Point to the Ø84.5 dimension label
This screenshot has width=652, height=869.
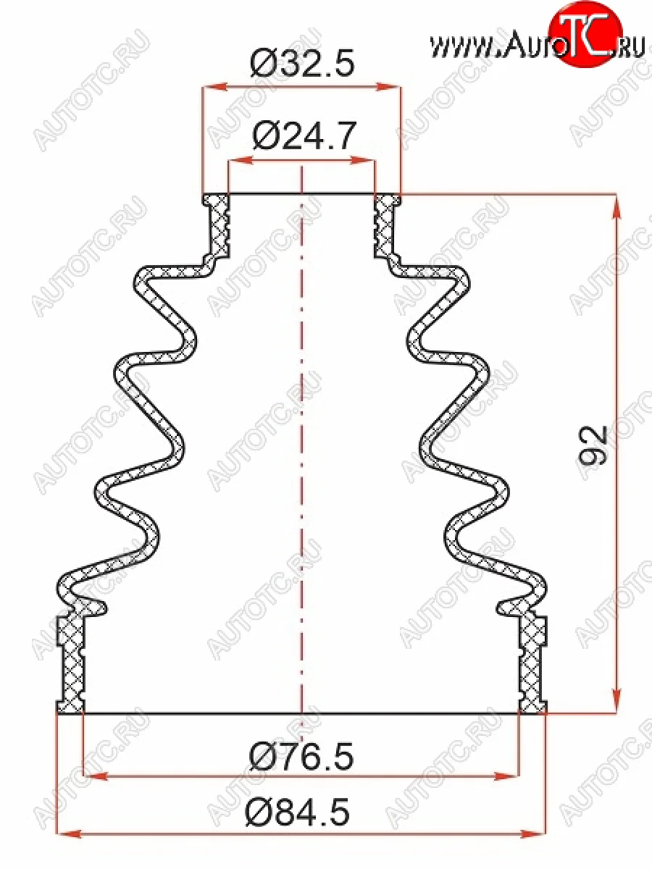pyautogui.click(x=298, y=814)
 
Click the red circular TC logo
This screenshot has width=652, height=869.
pyautogui.click(x=585, y=37)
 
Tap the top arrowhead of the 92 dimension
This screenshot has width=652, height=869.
pyautogui.click(x=616, y=206)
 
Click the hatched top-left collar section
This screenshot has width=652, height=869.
pyautogui.click(x=216, y=224)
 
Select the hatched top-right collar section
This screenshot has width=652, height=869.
pyautogui.click(x=386, y=224)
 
